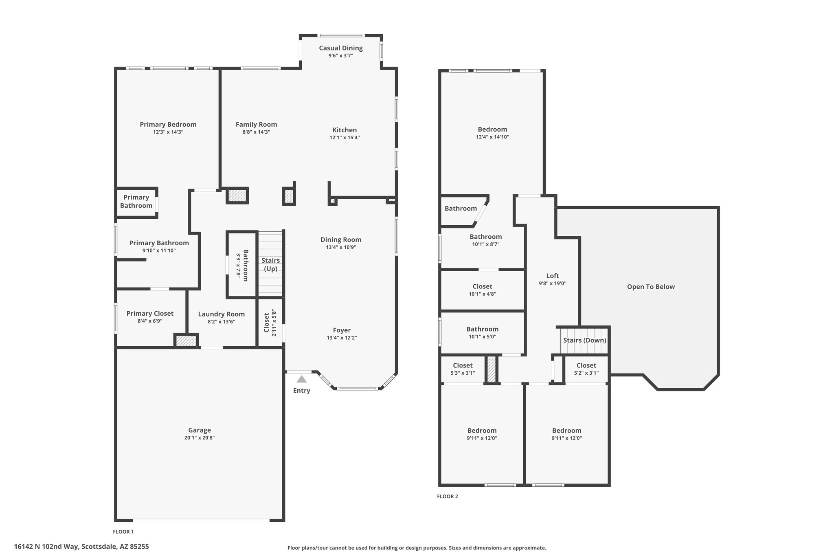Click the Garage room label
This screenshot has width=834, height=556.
(200, 430)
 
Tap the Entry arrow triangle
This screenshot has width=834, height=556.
(301, 379)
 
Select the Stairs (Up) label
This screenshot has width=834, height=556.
(271, 264)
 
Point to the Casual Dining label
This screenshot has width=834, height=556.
(341, 48)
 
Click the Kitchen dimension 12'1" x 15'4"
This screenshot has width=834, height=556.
(345, 138)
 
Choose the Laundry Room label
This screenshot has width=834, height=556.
(222, 314)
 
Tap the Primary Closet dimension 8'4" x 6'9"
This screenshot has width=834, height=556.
(150, 321)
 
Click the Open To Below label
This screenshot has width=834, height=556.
(651, 287)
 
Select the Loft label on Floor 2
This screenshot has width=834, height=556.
(553, 276)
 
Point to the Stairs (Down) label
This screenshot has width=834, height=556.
(585, 340)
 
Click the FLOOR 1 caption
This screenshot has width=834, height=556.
(123, 532)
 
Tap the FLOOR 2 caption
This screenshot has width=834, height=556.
(448, 497)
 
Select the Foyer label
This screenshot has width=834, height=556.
(342, 330)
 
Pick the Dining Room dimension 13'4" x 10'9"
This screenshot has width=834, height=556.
(341, 247)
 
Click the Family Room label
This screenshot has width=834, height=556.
(256, 125)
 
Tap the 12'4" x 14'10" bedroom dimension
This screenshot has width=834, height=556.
(492, 137)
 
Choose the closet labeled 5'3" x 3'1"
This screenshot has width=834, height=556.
(463, 369)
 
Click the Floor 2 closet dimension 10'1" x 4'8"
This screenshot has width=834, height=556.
(482, 294)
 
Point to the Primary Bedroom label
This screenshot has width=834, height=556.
(168, 125)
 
